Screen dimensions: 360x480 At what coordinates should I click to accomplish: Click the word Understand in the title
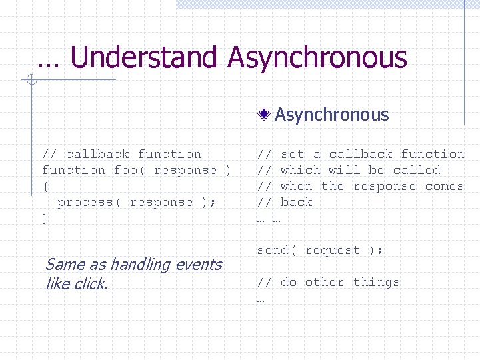(x=144, y=58)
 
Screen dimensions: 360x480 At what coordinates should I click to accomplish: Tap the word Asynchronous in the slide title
(x=317, y=58)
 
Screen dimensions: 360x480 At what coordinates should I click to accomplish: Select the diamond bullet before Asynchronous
(x=265, y=115)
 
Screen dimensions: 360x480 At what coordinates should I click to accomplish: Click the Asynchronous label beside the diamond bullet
(x=331, y=115)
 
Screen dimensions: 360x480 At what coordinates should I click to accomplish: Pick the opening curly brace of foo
(x=45, y=186)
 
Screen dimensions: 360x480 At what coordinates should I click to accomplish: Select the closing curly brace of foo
(x=45, y=218)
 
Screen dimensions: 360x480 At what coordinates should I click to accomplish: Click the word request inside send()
(x=333, y=250)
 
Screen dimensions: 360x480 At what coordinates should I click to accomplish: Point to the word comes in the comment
(x=445, y=186)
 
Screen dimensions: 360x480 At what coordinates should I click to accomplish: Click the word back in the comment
(x=297, y=202)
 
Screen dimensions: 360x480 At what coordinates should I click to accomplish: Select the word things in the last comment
(x=377, y=282)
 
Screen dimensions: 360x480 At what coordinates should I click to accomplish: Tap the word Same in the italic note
(x=61, y=265)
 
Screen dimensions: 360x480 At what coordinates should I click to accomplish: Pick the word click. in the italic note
(x=90, y=283)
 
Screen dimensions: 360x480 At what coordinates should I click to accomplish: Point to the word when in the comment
(x=297, y=186)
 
